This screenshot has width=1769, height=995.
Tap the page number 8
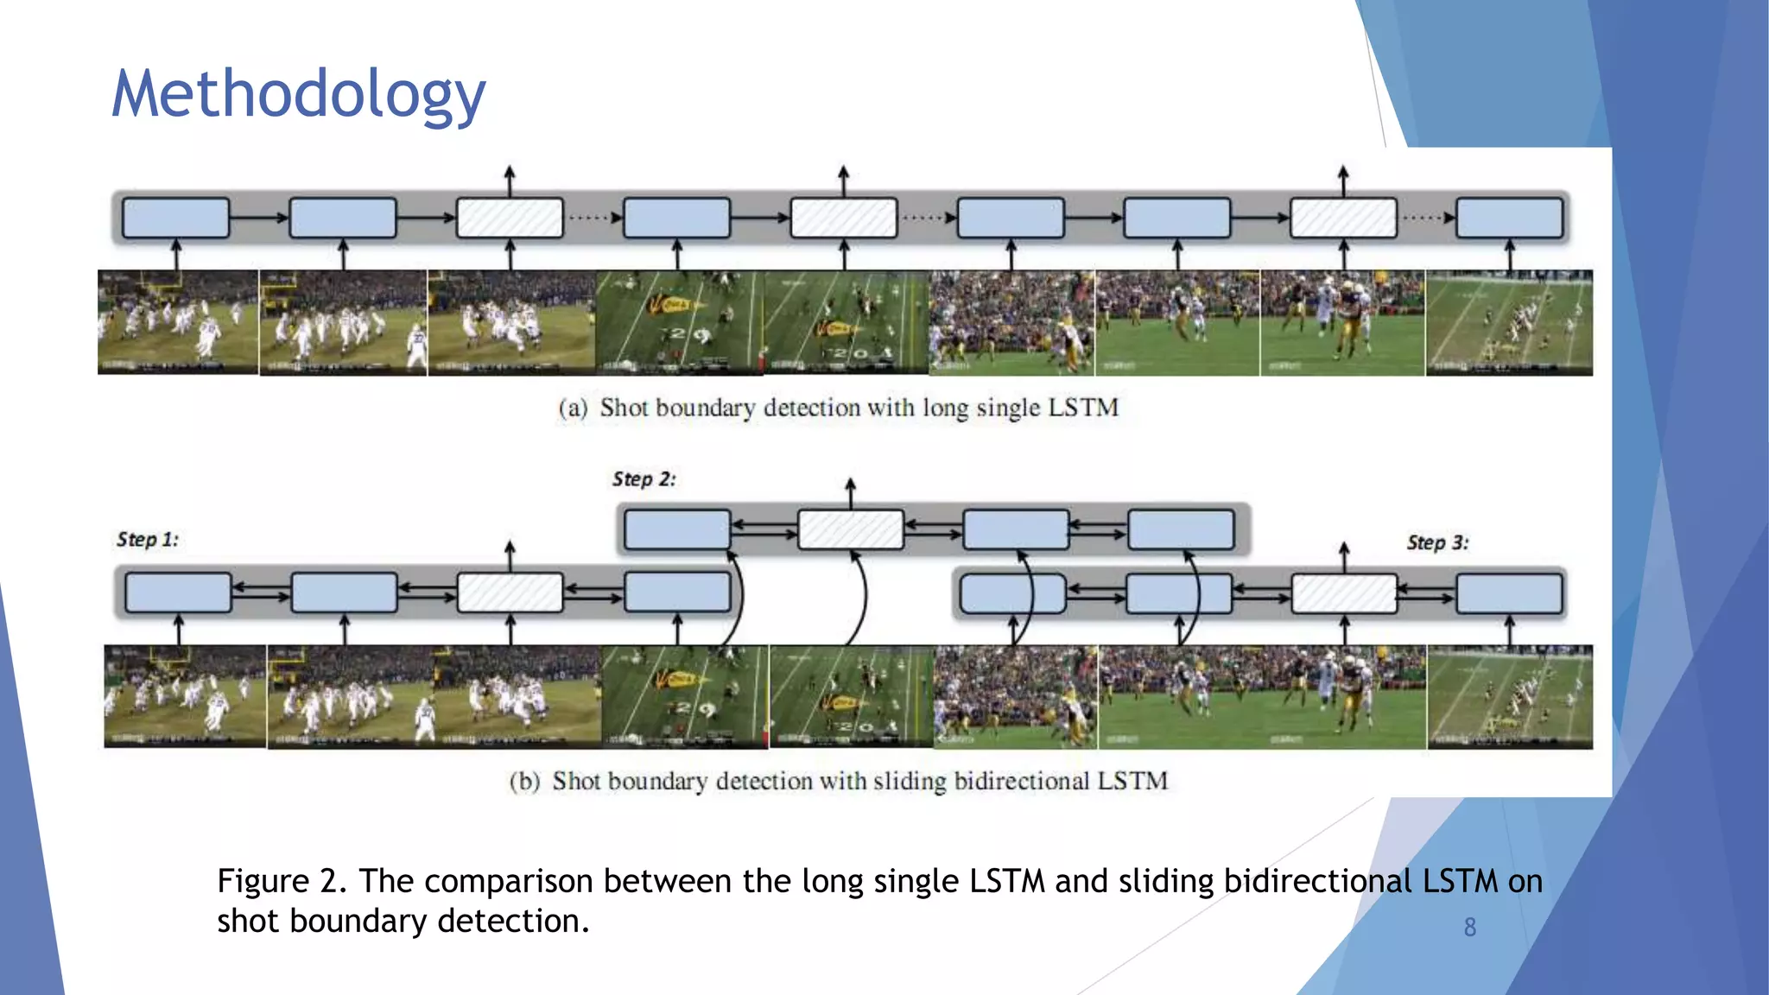click(1469, 927)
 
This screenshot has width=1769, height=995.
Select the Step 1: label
click(148, 540)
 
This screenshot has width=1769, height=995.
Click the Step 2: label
click(644, 479)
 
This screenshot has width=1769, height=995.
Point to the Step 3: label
click(1437, 543)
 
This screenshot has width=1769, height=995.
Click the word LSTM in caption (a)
click(1083, 407)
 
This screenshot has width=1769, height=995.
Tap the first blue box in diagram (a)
click(176, 218)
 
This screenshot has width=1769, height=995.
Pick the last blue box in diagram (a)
click(1509, 218)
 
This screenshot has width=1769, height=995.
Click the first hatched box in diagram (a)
click(510, 218)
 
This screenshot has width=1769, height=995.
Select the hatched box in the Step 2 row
click(850, 529)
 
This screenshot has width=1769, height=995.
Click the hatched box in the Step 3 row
click(1343, 594)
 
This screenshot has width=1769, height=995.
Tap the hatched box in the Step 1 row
click(510, 593)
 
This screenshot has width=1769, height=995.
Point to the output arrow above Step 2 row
click(850, 492)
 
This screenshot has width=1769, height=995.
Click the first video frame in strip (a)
click(178, 322)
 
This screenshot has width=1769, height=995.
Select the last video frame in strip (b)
click(1510, 696)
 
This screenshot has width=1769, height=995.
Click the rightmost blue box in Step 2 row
click(1181, 529)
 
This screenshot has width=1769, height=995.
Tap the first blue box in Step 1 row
click(179, 593)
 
